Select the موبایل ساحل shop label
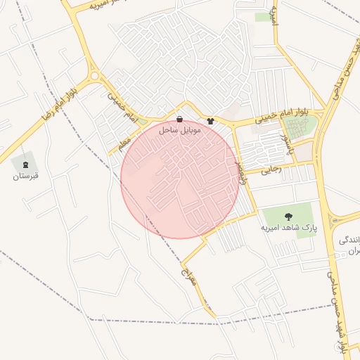[x=181, y=130]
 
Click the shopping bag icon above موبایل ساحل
[x=180, y=120]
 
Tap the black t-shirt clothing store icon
[x=210, y=120]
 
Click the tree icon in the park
[x=288, y=216]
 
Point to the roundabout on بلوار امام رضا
[x=94, y=75]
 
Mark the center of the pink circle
[x=180, y=179]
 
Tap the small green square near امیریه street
[x=263, y=16]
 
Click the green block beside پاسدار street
[x=299, y=128]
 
